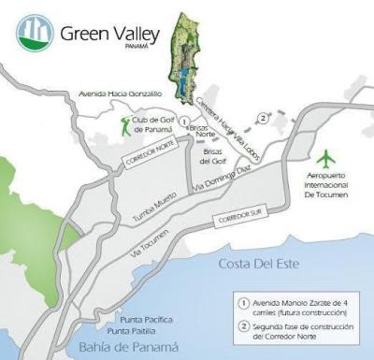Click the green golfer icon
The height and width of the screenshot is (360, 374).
tap(125, 123)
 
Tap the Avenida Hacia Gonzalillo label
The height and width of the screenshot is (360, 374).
tap(122, 94)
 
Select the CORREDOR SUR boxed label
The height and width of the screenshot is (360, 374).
tap(237, 218)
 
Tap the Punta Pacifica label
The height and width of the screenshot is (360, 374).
tap(134, 320)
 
